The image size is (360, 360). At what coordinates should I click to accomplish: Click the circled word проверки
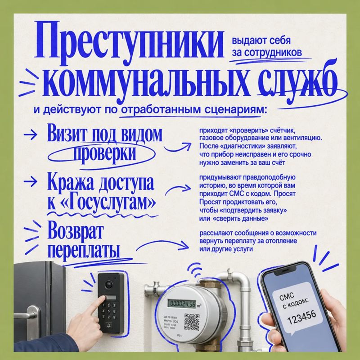(x=104, y=153)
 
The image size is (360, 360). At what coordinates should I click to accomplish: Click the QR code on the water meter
(x=192, y=322)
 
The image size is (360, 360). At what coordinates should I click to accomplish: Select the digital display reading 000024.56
(x=182, y=304)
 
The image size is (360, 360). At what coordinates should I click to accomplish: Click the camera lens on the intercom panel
(x=108, y=285)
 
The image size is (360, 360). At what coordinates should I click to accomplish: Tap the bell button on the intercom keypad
(x=109, y=325)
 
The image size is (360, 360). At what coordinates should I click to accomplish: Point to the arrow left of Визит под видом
(x=31, y=134)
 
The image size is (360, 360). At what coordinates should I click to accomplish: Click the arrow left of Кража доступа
(x=31, y=182)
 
